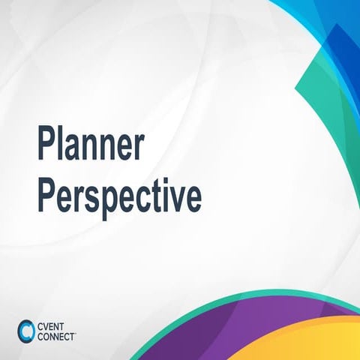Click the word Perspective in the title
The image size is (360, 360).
[x=119, y=196]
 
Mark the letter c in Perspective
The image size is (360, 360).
[x=139, y=198]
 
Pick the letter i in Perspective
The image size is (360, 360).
[x=166, y=196]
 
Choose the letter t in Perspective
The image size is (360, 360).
[x=155, y=196]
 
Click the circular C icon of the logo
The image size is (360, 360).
[x=26, y=329]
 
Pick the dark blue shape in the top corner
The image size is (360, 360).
[x=341, y=45]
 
